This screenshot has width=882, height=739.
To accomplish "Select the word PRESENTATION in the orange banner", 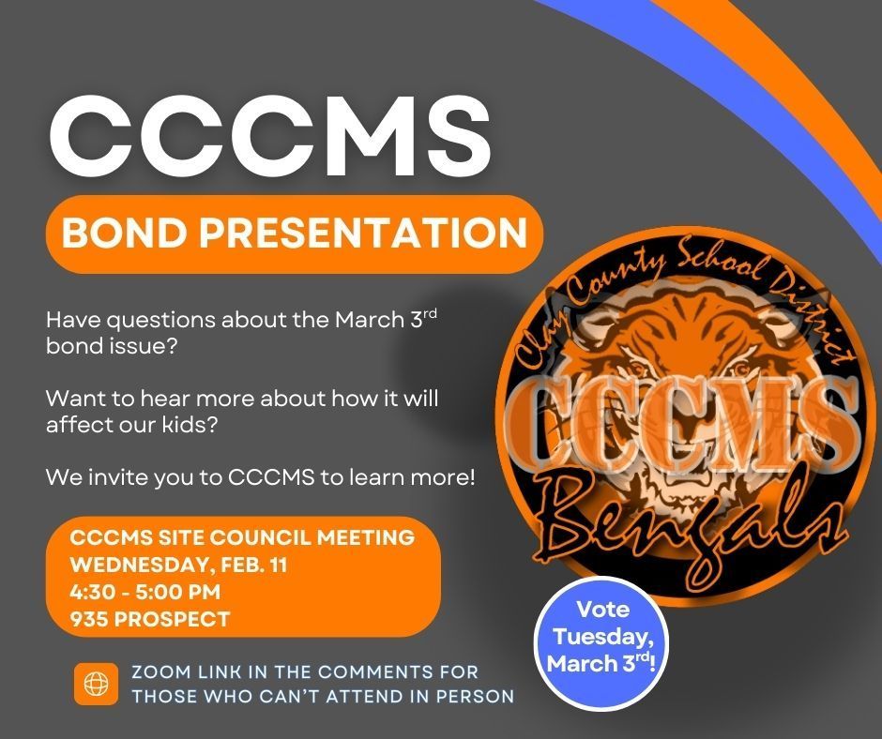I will [x=375, y=233].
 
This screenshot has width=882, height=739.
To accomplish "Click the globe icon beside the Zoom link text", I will [x=96, y=685].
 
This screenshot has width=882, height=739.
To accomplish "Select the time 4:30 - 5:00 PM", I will [x=146, y=592].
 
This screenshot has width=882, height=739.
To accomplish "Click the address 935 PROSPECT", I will [x=150, y=619].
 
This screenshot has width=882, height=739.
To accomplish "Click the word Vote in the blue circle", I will [x=602, y=610].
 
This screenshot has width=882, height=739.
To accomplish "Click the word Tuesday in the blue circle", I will [x=602, y=637].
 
